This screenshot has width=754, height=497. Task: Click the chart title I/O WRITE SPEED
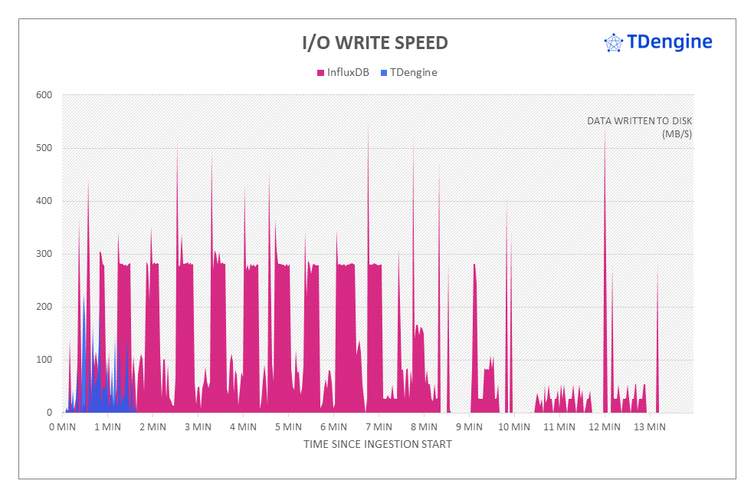[x=375, y=43]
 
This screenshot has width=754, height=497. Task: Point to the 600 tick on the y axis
[x=43, y=95]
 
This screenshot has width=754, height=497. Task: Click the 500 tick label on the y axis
[x=43, y=148]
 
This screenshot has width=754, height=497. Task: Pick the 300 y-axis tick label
[x=43, y=254]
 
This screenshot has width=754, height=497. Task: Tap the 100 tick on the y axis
[x=43, y=360]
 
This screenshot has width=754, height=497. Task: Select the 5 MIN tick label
[x=288, y=426]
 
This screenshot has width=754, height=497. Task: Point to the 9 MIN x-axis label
[x=469, y=426]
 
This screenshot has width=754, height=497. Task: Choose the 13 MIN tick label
[x=649, y=426]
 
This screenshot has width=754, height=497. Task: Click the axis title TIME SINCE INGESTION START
[x=377, y=444]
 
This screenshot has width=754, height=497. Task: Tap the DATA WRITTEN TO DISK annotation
[x=639, y=121]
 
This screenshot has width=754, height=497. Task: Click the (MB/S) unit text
[x=677, y=134]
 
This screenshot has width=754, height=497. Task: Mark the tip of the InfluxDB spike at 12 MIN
[x=605, y=130]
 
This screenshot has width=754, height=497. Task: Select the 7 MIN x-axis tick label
[x=379, y=426]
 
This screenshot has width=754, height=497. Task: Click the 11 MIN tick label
[x=559, y=426]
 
